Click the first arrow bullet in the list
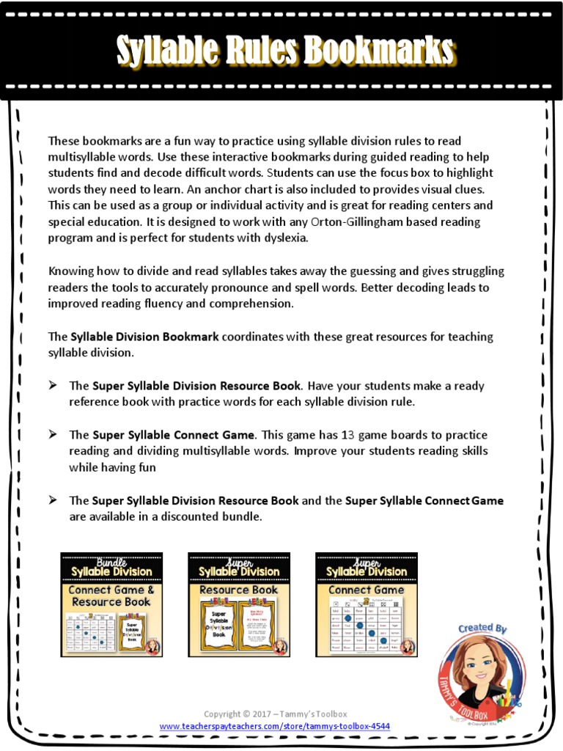tap(53, 385)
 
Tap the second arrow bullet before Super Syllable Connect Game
tap(53, 434)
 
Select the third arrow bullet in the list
tap(53, 500)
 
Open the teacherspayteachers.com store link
tap(275, 726)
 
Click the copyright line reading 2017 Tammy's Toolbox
tap(275, 714)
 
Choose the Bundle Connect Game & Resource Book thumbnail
tap(111, 604)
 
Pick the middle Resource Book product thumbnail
tap(239, 604)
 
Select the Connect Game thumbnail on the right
tap(367, 604)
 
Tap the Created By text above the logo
tap(482, 629)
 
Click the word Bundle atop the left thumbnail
tap(111, 561)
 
